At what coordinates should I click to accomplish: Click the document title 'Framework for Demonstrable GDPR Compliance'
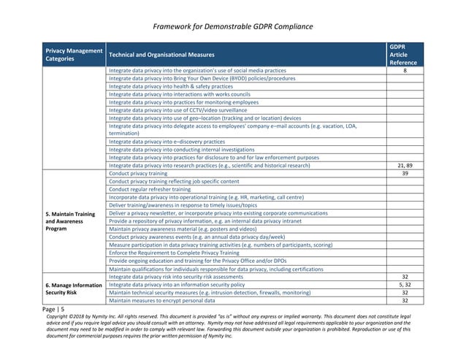234,27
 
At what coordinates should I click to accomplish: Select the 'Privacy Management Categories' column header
74,54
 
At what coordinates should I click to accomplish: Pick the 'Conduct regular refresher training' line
150,189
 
